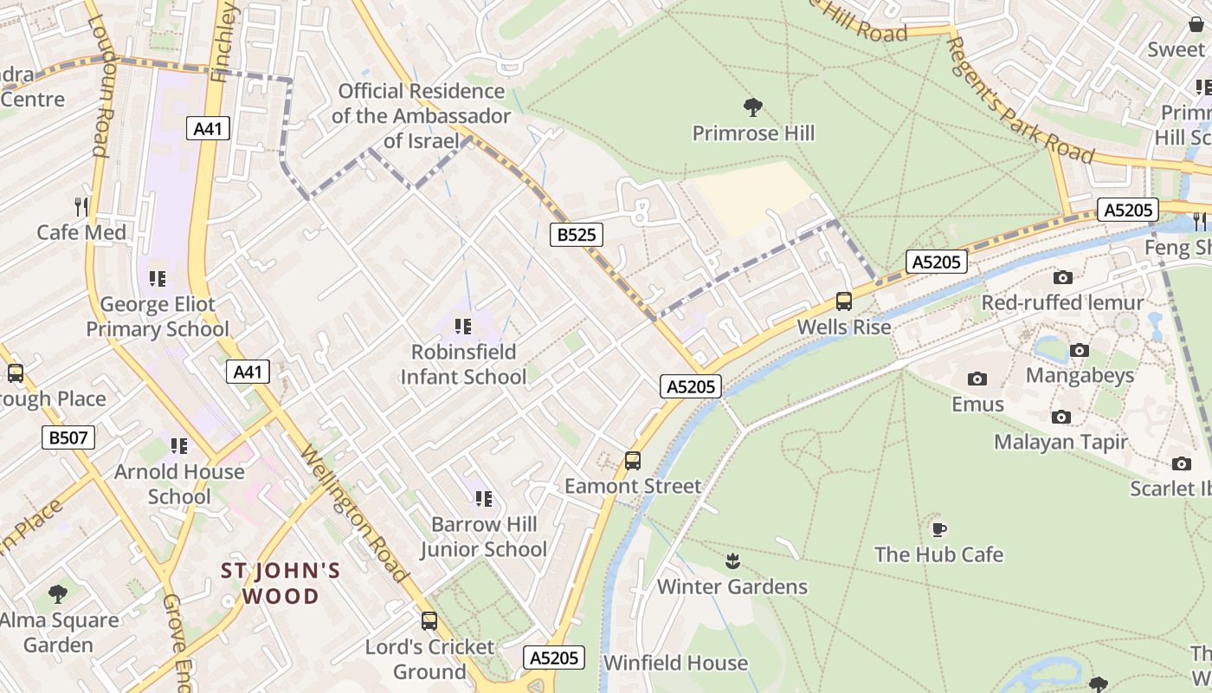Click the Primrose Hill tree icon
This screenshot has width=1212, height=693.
point(753,107)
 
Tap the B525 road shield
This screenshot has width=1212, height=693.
point(577,234)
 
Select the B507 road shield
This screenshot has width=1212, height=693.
point(68,437)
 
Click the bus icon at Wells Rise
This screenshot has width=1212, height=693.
point(843,301)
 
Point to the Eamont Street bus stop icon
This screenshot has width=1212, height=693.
point(633,461)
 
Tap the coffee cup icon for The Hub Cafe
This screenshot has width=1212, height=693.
point(938,528)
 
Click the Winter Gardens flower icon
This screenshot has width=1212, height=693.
point(732,561)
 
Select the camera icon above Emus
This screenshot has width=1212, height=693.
point(977,379)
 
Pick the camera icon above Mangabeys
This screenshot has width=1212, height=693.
point(1079,350)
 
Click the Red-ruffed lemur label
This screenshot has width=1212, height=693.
point(1062,302)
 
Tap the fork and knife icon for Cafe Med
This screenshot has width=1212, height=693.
point(81,206)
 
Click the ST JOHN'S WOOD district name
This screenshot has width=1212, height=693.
point(280,583)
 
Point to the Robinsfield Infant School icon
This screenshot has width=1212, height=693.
point(463,327)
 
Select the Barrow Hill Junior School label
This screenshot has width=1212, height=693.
point(484,536)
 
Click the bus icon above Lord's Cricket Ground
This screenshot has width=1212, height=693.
point(429,620)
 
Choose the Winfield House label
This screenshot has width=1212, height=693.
point(675,663)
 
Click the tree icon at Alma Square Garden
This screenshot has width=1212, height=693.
point(58,594)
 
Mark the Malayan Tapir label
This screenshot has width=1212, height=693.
point(1060,442)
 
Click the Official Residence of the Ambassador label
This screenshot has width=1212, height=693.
point(422,115)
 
